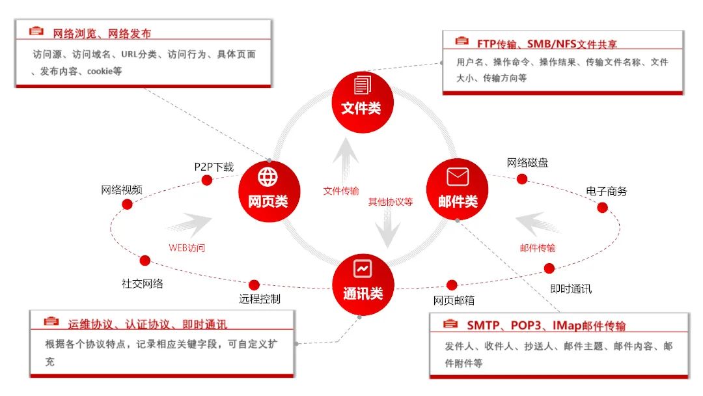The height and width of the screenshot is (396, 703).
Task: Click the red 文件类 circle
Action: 363,102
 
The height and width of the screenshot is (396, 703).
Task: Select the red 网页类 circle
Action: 269,191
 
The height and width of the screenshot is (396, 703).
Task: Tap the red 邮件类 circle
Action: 458,190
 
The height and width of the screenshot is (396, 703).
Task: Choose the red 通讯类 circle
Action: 363,285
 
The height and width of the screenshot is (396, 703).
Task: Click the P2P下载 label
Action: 214,167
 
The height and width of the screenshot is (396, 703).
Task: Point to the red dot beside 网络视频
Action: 128,205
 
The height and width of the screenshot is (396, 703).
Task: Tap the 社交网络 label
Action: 142,283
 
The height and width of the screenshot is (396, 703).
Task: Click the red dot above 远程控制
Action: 255,285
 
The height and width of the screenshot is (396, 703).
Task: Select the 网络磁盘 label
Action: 527,162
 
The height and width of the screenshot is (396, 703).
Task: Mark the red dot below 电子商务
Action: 603,208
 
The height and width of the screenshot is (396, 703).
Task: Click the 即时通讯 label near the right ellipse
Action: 571,289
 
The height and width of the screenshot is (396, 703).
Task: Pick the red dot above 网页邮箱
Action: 452,285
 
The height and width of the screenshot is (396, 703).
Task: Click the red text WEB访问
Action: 187,248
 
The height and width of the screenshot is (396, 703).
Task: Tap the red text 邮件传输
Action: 538,248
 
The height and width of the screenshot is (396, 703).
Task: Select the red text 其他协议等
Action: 391,202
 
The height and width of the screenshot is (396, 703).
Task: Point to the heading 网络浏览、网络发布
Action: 102,33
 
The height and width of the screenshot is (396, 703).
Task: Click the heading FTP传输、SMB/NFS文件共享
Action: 547,44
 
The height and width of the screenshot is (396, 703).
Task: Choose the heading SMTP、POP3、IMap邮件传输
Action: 546,326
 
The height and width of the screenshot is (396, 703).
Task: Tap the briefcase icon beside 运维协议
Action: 51,321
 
